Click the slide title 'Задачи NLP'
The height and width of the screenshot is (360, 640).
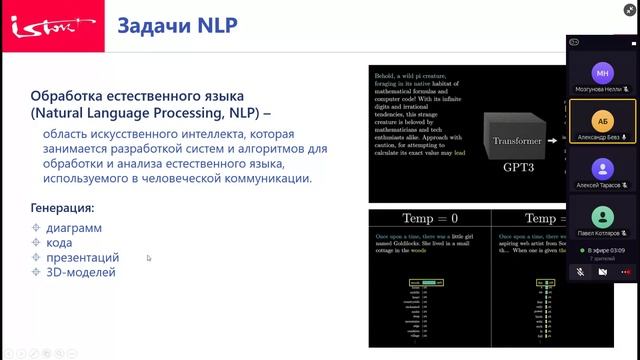179,25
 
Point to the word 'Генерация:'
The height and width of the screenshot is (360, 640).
62,208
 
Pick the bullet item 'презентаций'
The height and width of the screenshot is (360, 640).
83,257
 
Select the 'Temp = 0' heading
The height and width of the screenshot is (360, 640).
429,218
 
